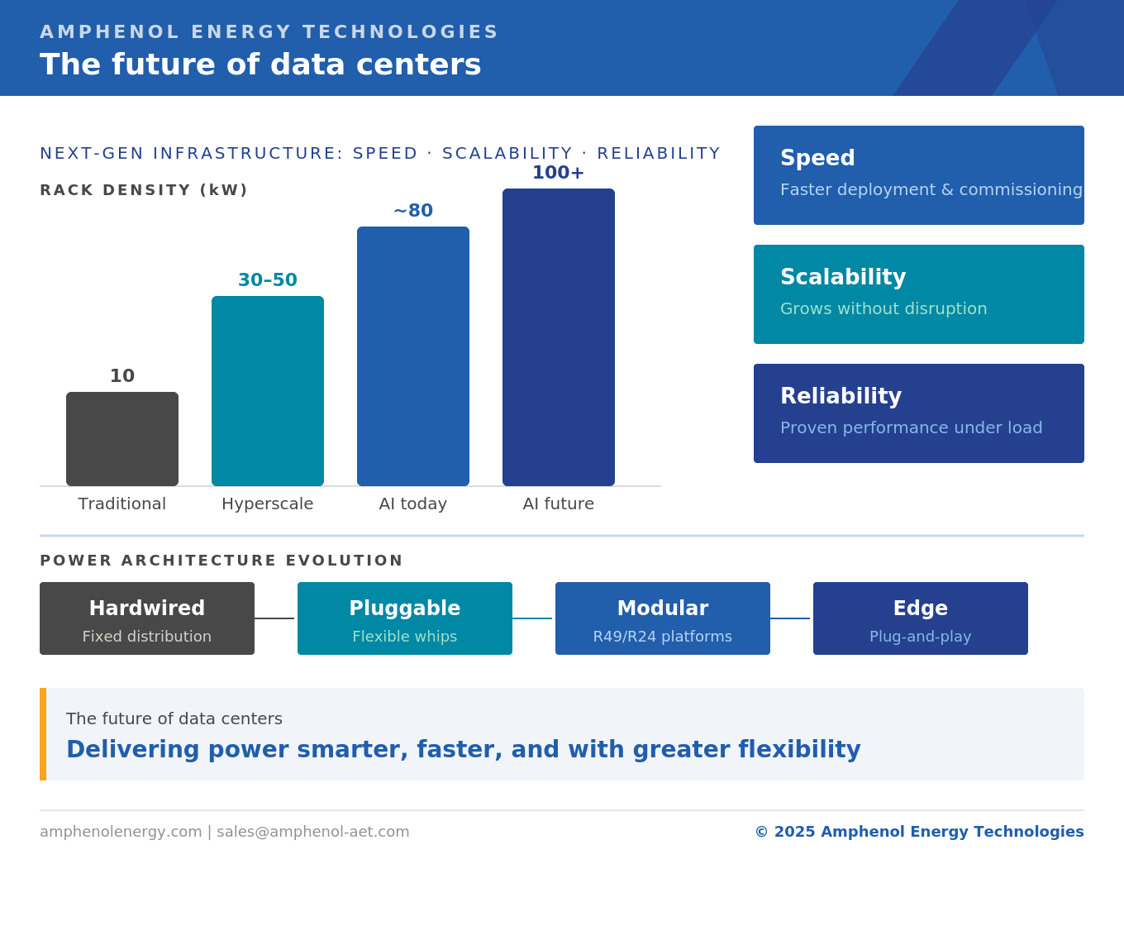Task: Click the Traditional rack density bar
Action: (122, 439)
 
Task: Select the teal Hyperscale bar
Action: (268, 391)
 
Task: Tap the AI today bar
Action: (413, 356)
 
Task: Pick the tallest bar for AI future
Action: (559, 337)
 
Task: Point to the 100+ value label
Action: (558, 173)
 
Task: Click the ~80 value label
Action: (413, 211)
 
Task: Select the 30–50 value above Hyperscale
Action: (268, 280)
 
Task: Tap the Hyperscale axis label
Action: (268, 504)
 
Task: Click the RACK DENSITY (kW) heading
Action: (144, 190)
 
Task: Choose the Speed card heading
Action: (817, 158)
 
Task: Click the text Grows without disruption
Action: (883, 309)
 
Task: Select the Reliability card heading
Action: (841, 396)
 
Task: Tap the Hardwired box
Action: (147, 618)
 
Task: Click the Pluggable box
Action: (405, 618)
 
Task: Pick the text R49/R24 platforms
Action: (663, 637)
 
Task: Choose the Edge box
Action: (921, 618)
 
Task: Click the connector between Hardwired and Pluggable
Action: (274, 618)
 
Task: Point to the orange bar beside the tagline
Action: (43, 734)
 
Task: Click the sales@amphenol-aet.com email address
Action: (313, 832)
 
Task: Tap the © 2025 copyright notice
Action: (919, 832)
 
